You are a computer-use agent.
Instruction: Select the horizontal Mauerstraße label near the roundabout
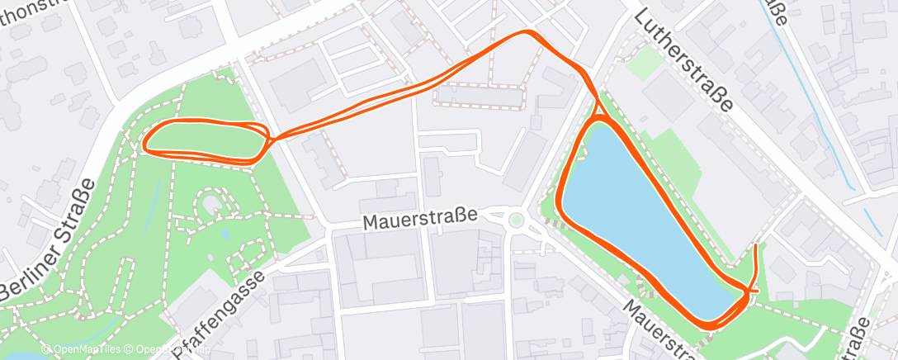pos(420,220)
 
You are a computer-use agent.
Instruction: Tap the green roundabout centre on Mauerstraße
pos(517,220)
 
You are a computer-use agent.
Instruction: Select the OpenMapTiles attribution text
pos(81,350)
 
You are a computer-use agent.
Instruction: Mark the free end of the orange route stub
pos(757,246)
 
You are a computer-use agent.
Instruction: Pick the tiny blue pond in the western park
pos(225,234)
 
